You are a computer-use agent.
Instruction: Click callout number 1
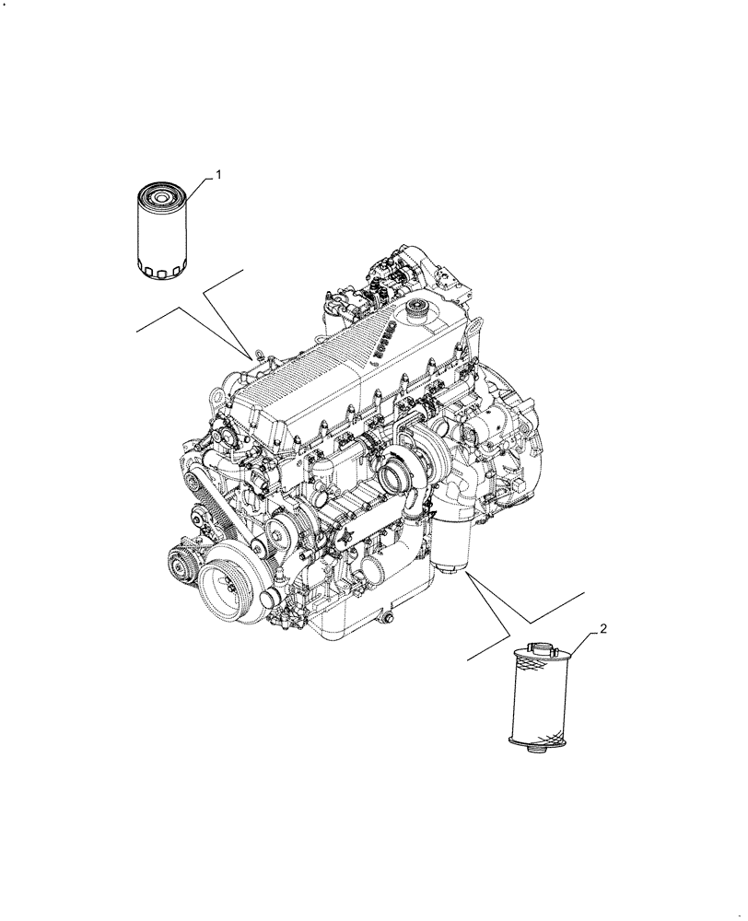(218, 173)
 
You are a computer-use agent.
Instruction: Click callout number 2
(602, 629)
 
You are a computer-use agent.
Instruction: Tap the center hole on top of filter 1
(162, 196)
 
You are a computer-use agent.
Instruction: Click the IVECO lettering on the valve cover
(384, 339)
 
